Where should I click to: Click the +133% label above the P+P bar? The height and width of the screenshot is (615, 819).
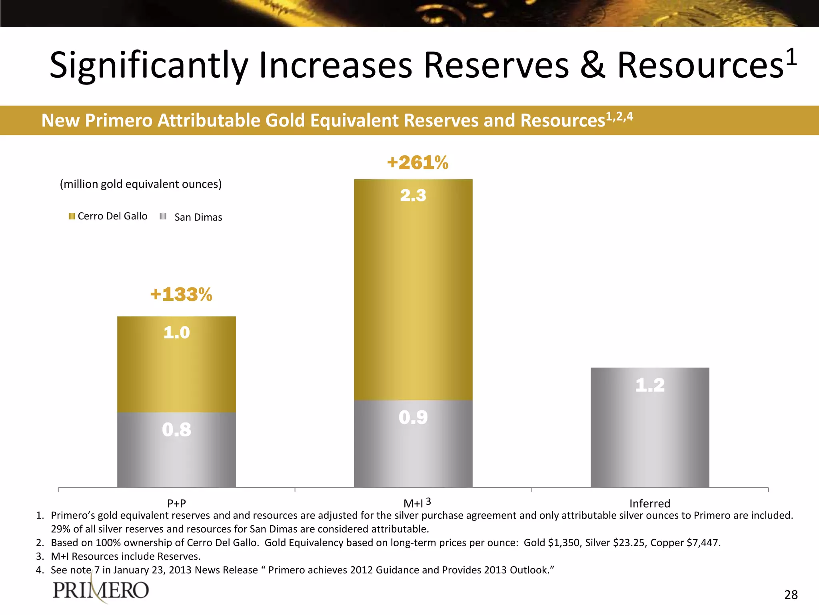(181, 295)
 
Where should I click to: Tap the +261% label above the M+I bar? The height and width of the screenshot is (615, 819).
(417, 163)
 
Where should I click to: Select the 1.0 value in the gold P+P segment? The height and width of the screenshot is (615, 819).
(176, 333)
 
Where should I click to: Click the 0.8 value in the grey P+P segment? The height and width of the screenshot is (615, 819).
(176, 430)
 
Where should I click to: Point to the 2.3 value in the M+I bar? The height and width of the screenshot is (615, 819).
(413, 195)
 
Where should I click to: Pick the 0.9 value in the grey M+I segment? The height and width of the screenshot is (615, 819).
(413, 418)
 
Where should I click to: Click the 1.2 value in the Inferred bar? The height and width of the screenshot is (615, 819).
(650, 385)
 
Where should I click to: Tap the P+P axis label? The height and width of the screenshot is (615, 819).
(176, 503)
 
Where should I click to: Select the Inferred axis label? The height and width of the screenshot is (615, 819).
(649, 503)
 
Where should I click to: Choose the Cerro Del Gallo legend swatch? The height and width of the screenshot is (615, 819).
(72, 216)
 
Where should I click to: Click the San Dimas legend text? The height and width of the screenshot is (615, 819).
(198, 217)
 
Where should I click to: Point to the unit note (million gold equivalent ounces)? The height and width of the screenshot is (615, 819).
(141, 184)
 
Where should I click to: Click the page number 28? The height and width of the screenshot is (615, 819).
(791, 595)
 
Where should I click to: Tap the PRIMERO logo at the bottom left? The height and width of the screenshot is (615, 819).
(101, 590)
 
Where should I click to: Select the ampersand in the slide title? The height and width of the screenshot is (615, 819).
(593, 65)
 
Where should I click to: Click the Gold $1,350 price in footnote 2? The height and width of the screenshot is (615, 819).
(552, 543)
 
